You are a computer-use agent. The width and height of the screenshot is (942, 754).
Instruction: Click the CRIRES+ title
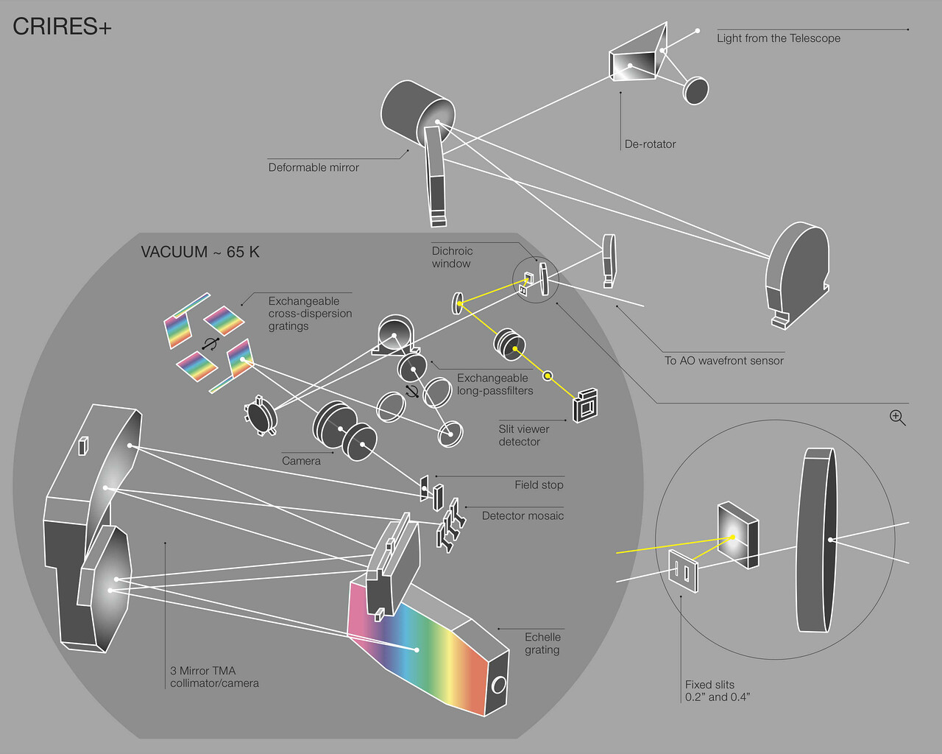coord(62,27)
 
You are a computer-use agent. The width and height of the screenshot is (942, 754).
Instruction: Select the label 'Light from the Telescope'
coord(778,38)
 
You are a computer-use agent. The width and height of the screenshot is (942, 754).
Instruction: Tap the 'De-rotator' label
coord(650,144)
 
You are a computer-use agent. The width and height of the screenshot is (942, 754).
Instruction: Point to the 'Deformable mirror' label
coord(314,168)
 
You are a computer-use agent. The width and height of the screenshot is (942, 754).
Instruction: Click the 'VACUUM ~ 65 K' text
coord(200,252)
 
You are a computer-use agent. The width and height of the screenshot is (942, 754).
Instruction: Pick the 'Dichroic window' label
coord(452,257)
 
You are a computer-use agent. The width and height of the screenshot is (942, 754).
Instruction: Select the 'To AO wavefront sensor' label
coord(723,361)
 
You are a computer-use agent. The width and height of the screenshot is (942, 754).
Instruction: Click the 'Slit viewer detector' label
coord(523,435)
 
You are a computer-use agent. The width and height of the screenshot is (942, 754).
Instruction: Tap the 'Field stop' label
coord(539,485)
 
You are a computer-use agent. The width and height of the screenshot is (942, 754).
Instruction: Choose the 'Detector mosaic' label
coord(523,516)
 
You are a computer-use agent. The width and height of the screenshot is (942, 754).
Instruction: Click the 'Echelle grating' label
coord(542,644)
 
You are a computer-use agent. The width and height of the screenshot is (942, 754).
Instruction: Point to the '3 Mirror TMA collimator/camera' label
coord(214,677)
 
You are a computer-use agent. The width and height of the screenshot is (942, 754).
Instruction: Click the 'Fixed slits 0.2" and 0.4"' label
coord(717,691)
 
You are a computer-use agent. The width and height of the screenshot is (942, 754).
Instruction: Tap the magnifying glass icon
coord(897,417)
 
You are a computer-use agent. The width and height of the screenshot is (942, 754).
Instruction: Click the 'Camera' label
coord(301,461)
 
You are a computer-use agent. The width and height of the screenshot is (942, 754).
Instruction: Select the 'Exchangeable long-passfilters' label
coord(495,384)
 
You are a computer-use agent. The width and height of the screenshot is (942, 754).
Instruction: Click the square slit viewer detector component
coord(586,405)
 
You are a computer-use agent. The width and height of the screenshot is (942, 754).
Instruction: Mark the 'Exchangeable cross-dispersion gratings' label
coord(310,314)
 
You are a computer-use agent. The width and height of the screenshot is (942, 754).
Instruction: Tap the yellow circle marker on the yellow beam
coord(548,376)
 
